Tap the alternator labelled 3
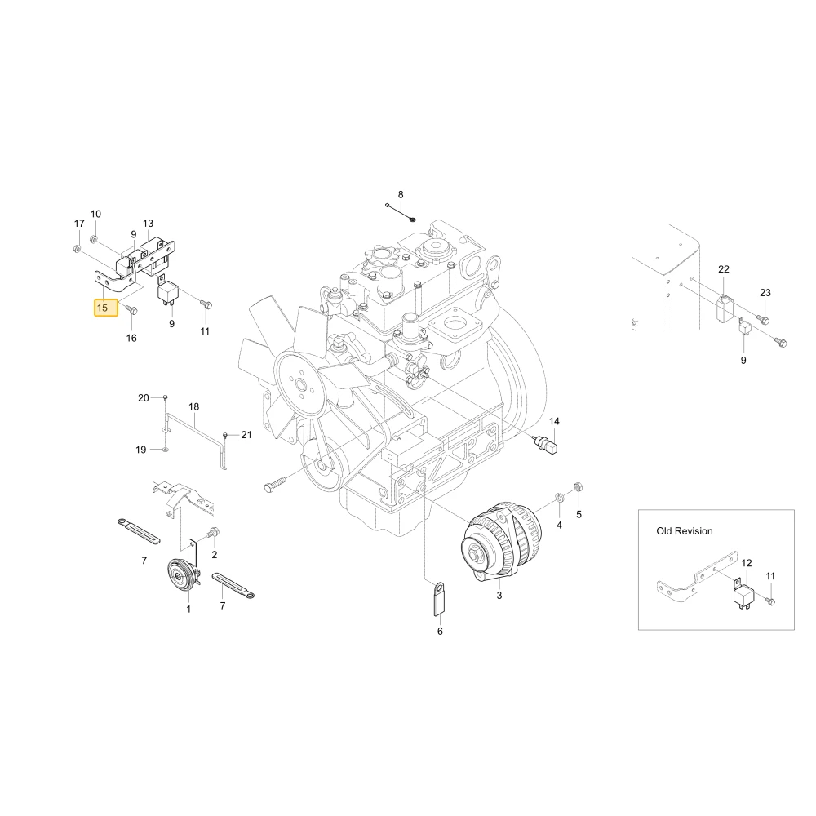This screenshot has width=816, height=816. click(x=501, y=543)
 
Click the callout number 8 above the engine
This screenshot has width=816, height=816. click(x=401, y=195)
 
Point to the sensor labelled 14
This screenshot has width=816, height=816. click(x=547, y=444)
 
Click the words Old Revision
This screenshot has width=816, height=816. click(x=685, y=531)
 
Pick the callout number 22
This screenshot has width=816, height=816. click(x=724, y=269)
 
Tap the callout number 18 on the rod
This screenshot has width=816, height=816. click(x=193, y=406)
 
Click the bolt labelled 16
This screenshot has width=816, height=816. click(x=132, y=311)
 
